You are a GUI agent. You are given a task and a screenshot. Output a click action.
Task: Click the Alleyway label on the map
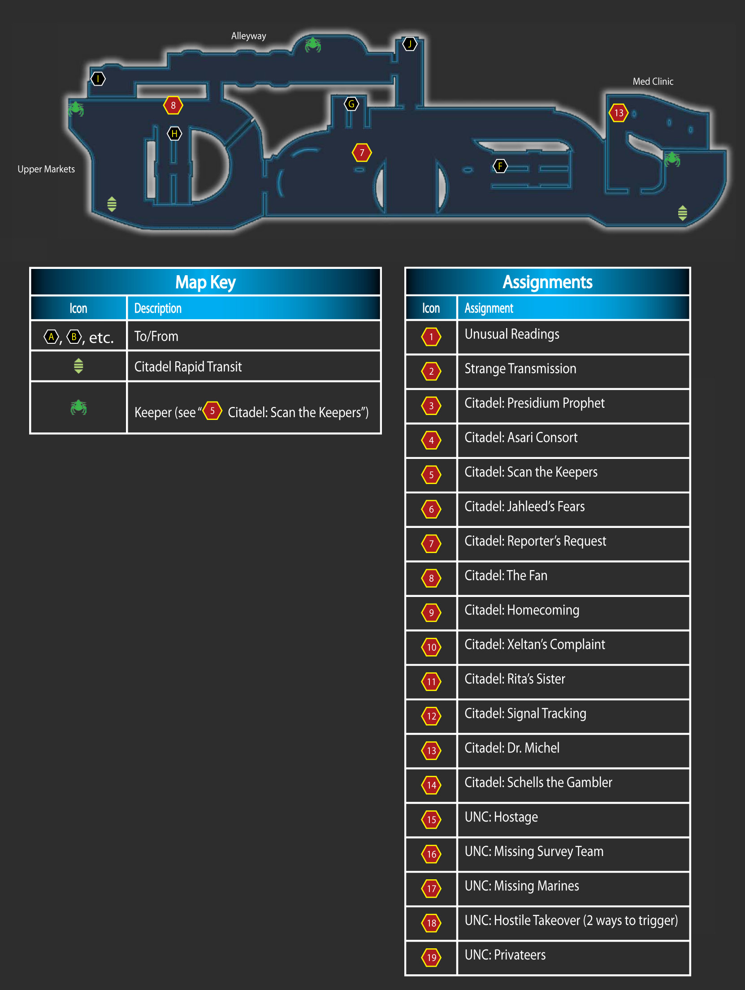pos(248,36)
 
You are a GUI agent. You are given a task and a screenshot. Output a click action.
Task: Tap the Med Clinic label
pos(653,81)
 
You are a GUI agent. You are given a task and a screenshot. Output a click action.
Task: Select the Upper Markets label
pos(46,169)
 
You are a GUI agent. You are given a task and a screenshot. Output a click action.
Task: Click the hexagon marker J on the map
pos(410,44)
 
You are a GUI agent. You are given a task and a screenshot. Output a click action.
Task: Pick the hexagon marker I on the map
pos(98,79)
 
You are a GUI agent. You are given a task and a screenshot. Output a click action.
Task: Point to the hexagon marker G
pos(351,104)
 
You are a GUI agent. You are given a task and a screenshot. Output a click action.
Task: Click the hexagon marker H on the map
pos(174,134)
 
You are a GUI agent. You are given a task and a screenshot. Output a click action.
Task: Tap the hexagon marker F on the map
pos(500,166)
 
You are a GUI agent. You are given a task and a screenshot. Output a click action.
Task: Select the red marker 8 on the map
pos(173,105)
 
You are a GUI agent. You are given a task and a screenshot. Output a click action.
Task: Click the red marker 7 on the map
pos(362,152)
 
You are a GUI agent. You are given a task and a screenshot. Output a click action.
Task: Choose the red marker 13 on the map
pos(619,112)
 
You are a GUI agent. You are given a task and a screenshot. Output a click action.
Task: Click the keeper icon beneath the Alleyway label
pos(313,44)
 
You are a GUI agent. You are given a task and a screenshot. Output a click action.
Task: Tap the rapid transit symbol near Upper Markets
pos(112,204)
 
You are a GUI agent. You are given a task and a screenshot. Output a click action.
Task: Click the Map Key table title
pos(205,282)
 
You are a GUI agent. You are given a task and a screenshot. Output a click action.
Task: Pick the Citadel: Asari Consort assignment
pos(521,437)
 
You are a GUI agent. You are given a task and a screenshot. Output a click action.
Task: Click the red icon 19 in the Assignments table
pos(431,958)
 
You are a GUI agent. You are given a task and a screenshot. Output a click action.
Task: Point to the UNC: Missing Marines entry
pos(522,886)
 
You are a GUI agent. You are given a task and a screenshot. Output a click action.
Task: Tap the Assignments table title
pos(547,282)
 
